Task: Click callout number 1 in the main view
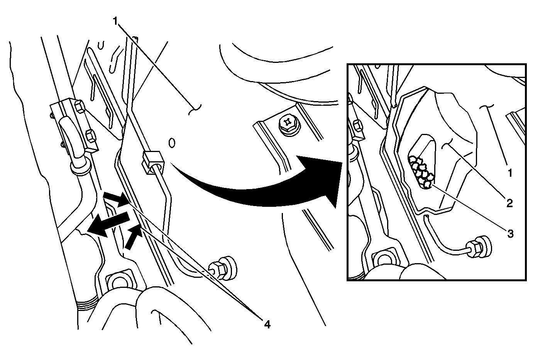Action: (115, 22)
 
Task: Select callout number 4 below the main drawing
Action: (267, 325)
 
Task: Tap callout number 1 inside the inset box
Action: (510, 173)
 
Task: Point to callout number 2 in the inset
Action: (509, 203)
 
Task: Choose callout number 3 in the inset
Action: (510, 233)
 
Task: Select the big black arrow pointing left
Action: (108, 225)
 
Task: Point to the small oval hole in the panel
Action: (172, 143)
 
